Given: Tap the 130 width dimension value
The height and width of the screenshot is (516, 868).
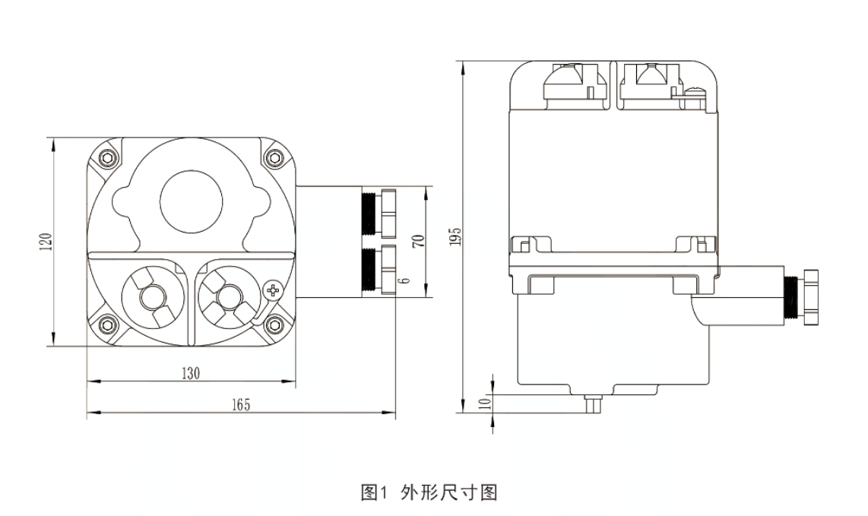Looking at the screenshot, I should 190,373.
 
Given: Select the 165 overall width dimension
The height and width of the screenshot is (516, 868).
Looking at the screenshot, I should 240,404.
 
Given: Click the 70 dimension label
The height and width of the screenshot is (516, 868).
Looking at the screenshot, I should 417,242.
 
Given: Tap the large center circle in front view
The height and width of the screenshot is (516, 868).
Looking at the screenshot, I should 191,201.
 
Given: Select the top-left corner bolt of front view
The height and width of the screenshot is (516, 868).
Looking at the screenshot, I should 106,159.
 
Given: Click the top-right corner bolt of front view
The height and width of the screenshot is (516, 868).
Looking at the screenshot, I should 275,159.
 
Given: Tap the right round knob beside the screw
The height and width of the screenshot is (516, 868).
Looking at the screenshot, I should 226,296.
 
